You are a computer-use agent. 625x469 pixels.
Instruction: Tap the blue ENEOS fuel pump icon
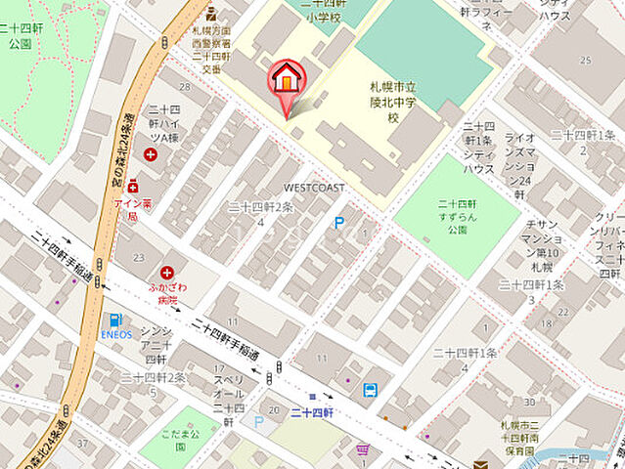point(115,320)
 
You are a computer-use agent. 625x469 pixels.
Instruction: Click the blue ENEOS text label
point(115,334)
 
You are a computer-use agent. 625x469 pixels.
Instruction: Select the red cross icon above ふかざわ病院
point(167,273)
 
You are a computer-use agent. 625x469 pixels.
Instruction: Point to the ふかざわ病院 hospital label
point(167,295)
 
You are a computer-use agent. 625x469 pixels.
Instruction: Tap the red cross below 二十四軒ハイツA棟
point(151,154)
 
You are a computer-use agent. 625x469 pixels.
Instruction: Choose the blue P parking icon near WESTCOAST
point(339,223)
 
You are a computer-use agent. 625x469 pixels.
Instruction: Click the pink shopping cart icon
point(363,449)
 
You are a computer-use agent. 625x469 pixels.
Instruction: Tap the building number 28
point(185,73)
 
